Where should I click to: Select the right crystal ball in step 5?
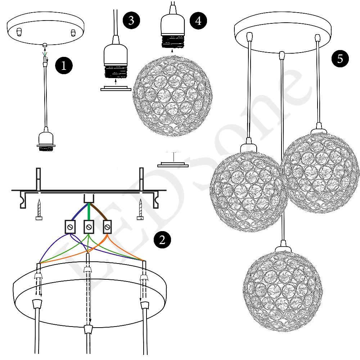click(320, 167)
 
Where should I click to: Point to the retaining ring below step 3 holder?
click(116, 89)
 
